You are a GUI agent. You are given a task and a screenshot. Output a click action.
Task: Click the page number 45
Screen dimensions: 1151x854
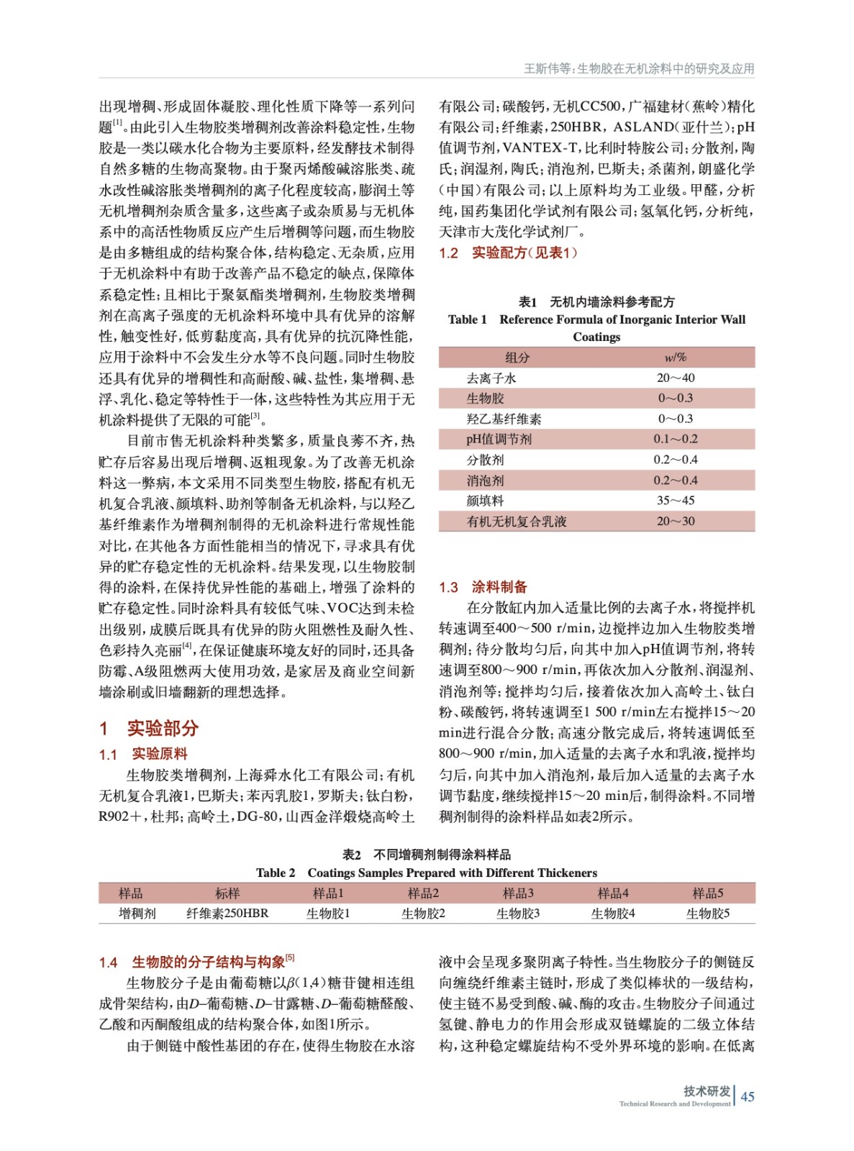(x=748, y=1096)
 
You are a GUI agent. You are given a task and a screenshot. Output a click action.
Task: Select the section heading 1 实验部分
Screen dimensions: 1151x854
(x=149, y=728)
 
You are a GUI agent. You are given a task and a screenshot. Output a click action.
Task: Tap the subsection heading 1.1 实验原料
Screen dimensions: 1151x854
(x=143, y=754)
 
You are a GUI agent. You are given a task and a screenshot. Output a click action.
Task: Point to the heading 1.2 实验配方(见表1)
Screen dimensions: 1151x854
(x=508, y=253)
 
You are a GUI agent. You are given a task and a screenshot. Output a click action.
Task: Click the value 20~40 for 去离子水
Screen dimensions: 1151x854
(x=676, y=378)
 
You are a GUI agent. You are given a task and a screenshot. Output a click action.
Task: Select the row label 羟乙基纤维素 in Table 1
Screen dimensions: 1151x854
(x=504, y=419)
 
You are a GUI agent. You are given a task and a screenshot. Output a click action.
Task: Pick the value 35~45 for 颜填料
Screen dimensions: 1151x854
(x=676, y=501)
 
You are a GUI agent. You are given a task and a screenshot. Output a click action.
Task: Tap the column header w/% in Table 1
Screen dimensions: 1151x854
(x=675, y=358)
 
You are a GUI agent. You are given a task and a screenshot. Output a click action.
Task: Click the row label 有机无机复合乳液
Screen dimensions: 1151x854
(x=516, y=522)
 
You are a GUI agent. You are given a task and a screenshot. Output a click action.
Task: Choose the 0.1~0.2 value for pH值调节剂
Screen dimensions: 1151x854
(x=676, y=439)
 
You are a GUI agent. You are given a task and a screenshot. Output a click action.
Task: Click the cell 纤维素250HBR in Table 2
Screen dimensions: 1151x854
(x=227, y=914)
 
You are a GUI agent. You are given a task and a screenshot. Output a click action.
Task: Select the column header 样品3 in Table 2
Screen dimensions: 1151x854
(x=518, y=893)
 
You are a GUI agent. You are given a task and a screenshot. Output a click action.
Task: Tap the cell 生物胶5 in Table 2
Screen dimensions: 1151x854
(x=707, y=914)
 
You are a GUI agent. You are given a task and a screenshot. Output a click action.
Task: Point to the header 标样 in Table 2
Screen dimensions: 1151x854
(x=227, y=893)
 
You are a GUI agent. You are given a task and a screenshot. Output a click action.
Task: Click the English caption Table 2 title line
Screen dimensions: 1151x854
(x=427, y=873)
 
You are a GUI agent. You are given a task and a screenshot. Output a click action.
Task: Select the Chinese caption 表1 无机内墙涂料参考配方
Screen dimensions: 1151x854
(x=596, y=301)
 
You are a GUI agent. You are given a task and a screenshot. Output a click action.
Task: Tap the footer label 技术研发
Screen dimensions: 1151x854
(x=707, y=1091)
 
